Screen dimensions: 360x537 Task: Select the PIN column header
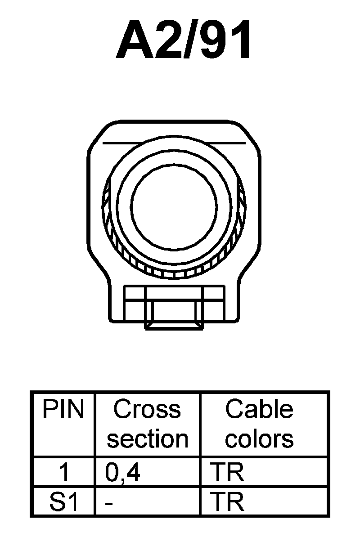point(63,410)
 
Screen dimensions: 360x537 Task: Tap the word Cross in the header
point(147,410)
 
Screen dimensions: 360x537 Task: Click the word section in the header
point(147,439)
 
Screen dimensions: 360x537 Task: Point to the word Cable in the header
point(259,410)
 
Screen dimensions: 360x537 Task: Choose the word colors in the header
point(259,439)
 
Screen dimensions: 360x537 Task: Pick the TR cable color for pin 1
point(227,473)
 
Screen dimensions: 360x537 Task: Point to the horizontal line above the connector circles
point(174,143)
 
